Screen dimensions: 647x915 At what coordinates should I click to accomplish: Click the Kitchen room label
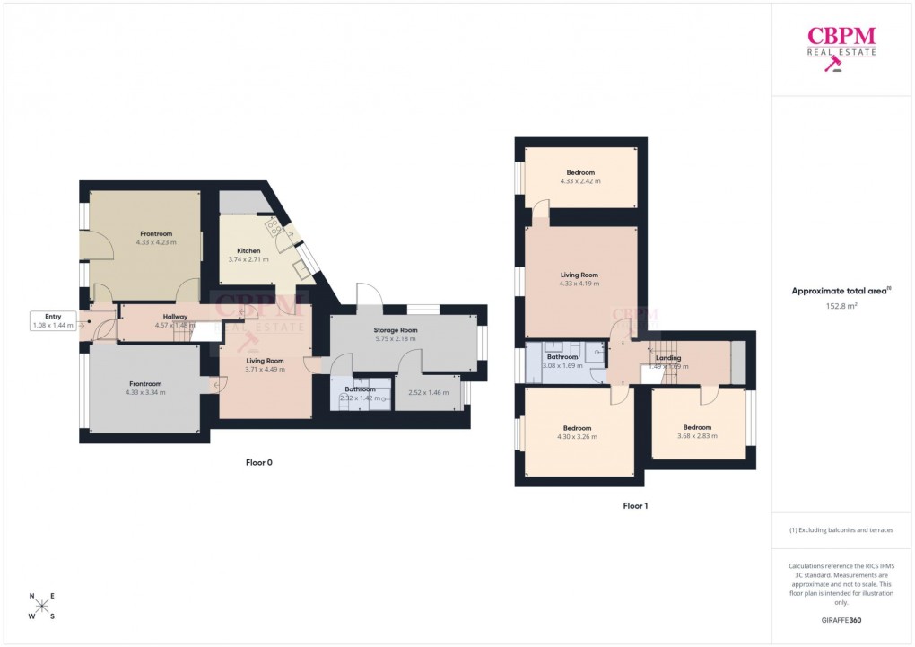point(248,250)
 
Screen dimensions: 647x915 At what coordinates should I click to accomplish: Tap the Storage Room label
point(396,330)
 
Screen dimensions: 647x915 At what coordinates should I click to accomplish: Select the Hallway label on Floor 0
point(175,316)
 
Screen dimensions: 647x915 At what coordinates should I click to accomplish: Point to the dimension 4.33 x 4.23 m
point(156,242)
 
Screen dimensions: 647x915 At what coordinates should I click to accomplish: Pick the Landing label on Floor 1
point(668,358)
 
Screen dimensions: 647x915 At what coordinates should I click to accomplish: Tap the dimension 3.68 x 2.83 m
point(697,436)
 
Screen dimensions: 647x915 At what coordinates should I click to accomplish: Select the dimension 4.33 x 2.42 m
point(579,181)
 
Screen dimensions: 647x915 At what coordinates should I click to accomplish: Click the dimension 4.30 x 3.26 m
point(577,437)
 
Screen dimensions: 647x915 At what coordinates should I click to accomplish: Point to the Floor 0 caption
point(258,463)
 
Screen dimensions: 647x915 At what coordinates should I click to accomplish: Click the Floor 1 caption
point(635,506)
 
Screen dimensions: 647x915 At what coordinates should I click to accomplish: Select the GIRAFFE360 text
point(841,620)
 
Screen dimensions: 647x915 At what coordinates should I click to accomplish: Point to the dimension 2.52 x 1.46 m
point(428,393)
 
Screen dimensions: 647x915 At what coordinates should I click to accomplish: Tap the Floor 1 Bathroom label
point(562,357)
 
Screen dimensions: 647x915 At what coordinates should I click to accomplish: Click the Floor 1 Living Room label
point(579,275)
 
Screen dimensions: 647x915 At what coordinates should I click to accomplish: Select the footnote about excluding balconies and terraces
point(841,530)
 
